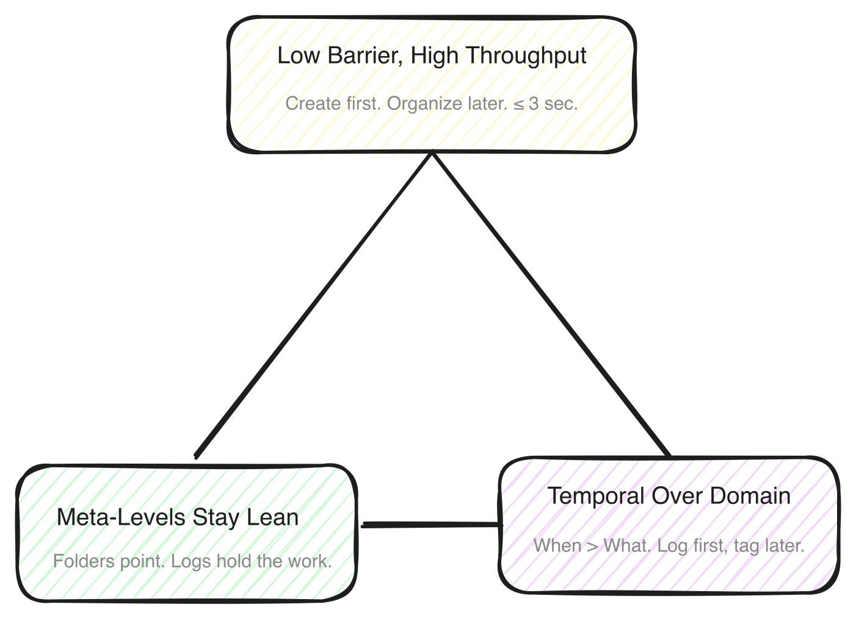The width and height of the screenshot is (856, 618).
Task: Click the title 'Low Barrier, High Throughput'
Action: [x=432, y=56]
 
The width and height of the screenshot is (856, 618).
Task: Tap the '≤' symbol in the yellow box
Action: [x=518, y=104]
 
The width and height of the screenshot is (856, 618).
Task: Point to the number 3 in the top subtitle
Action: [x=534, y=104]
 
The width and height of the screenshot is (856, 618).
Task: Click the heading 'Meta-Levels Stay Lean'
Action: [x=178, y=517]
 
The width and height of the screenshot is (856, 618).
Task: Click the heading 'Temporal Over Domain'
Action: [x=669, y=496]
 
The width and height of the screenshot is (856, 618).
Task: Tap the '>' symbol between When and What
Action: [x=592, y=545]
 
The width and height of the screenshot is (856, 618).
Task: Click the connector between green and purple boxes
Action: [x=430, y=524]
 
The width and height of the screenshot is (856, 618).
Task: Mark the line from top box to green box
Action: [x=313, y=304]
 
